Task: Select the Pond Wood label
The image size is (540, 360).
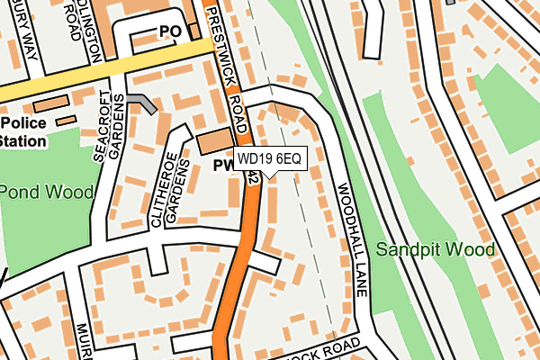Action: point(46,192)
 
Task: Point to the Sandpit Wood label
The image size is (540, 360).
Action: point(436,248)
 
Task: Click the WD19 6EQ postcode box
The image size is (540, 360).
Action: point(272,159)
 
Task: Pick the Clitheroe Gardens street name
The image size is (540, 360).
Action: point(173,193)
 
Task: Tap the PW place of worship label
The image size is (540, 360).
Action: point(222,166)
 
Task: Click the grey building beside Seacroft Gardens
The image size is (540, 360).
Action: point(141,103)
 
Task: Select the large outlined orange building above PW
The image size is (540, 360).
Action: point(213,140)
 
